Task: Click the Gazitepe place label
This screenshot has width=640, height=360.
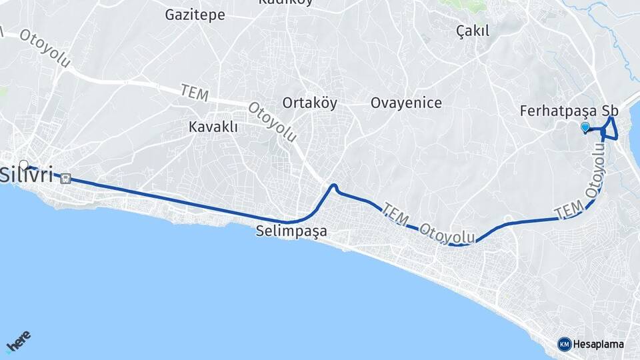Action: point(195,15)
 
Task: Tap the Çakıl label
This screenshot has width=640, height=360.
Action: point(473,30)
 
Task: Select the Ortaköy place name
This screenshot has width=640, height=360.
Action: point(309,103)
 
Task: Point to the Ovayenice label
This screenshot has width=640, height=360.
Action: point(406,103)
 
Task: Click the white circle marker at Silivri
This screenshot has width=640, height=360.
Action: point(24,165)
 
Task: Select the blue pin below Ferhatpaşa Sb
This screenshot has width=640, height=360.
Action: point(585,127)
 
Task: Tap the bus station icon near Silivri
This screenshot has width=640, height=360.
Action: point(65,178)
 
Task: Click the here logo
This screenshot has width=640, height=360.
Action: point(19,343)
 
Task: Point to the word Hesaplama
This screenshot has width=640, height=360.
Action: point(598,344)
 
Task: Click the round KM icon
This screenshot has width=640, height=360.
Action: point(564,344)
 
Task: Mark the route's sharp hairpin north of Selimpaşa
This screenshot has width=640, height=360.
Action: point(334,186)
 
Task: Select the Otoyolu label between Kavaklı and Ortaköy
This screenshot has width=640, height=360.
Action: point(272,121)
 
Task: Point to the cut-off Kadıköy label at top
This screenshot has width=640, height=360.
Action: point(286,3)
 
